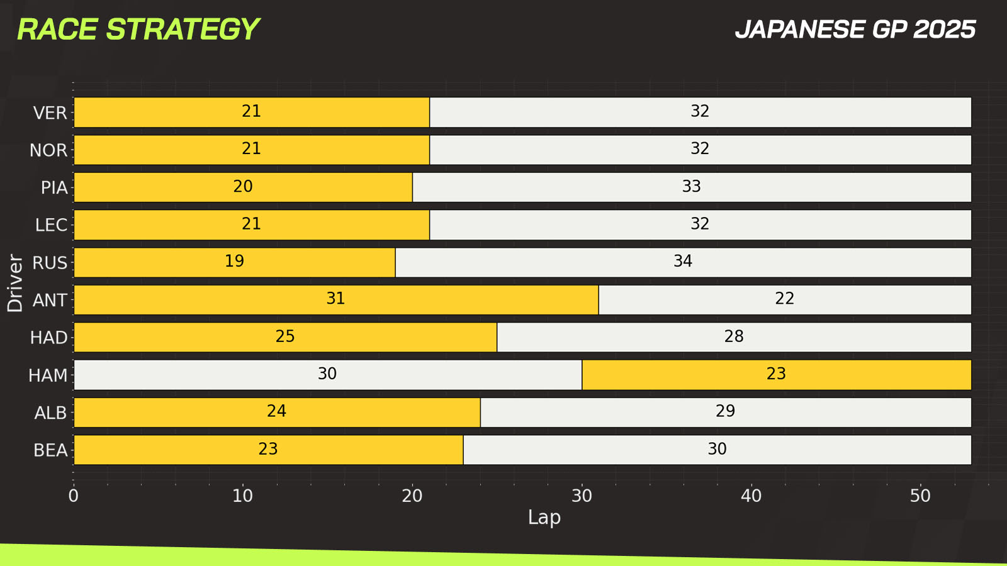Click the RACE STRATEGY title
138,30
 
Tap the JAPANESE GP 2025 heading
855,30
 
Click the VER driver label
50,113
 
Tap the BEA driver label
50,450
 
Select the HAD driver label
49,338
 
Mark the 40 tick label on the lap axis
751,496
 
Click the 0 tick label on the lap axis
74,496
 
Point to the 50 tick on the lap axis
920,496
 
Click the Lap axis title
544,518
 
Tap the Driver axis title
15,283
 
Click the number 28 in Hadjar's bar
734,336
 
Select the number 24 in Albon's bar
276,411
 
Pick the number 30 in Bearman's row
717,449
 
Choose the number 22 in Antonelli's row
784,299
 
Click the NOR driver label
48,150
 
